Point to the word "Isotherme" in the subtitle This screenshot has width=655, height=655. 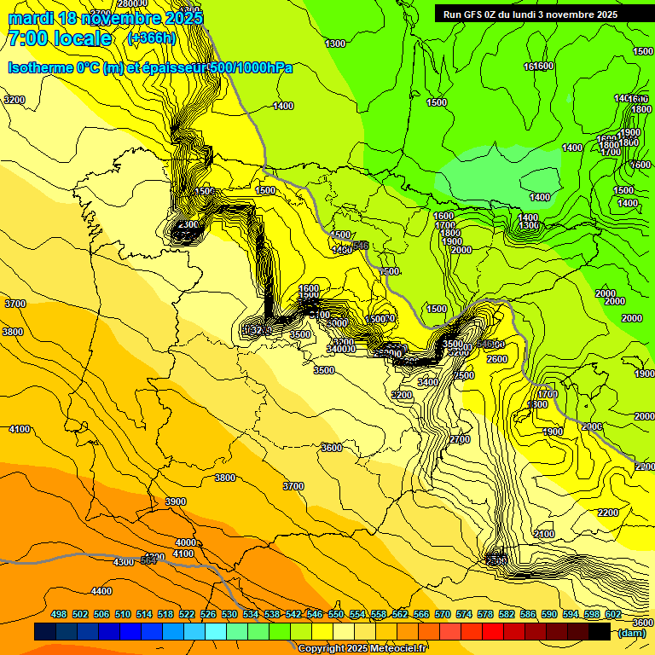coord(39,67)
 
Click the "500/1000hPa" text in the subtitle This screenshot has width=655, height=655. coord(257,67)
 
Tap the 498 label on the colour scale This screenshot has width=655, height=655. coord(59,614)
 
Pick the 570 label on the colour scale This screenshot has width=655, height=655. coord(443,614)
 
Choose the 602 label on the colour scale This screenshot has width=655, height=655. coord(613,614)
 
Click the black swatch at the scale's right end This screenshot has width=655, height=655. coord(600,631)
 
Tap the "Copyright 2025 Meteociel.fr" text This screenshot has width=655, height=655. coord(362,648)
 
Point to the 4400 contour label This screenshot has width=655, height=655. coord(101,591)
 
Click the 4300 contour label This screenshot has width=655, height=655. coord(124,562)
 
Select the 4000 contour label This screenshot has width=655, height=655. coord(185,542)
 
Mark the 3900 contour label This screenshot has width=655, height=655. coord(175,501)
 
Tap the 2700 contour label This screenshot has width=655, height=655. coord(460,439)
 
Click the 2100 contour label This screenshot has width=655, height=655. coord(543,534)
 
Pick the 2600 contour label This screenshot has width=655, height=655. coord(497,359)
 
